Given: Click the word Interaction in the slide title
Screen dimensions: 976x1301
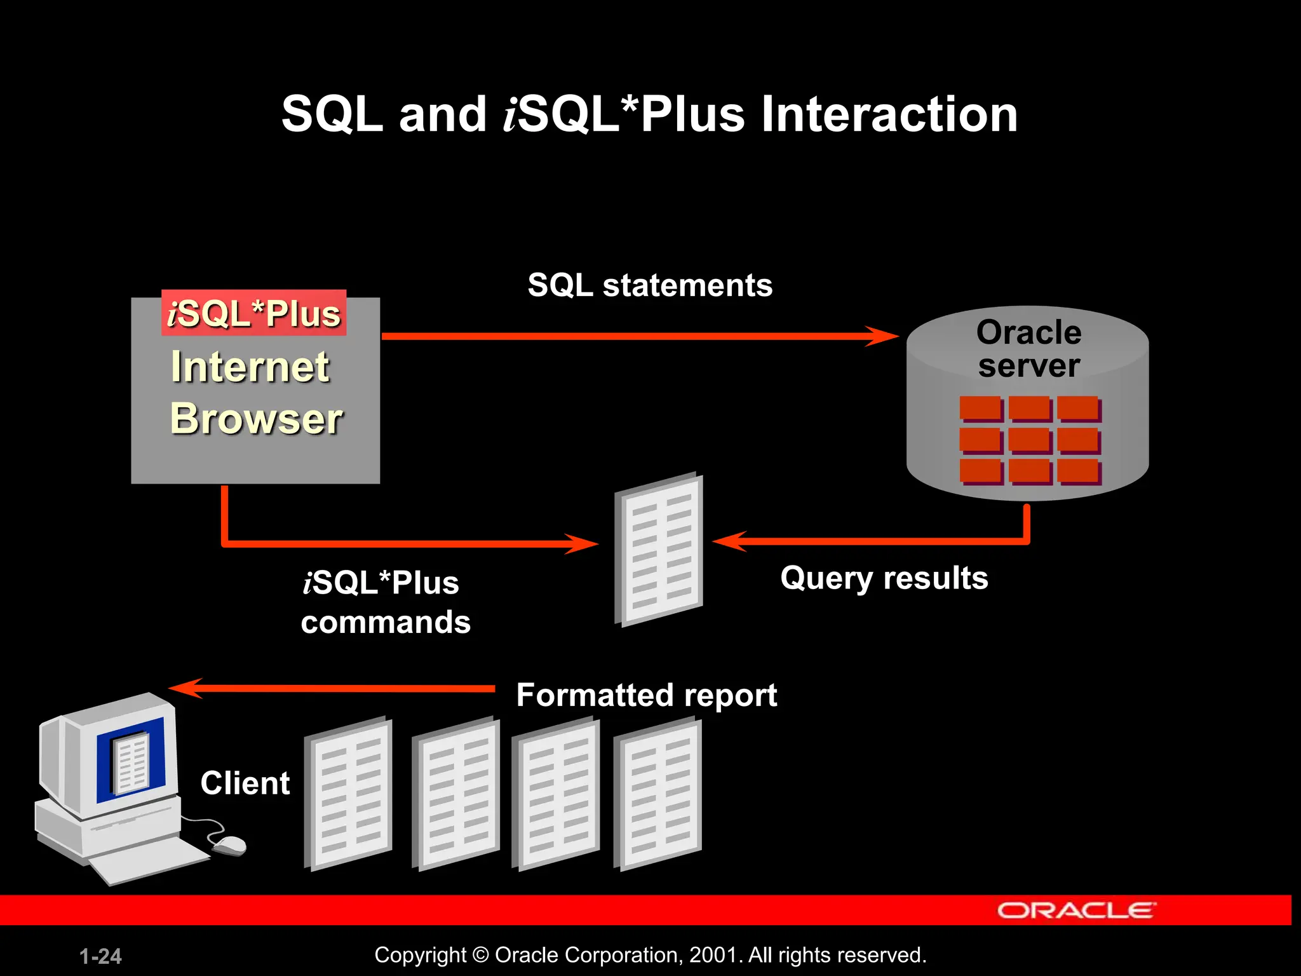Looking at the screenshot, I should pyautogui.click(x=889, y=114).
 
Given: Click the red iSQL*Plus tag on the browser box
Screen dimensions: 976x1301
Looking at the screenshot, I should pyautogui.click(x=254, y=313).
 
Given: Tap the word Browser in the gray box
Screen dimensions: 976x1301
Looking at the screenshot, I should pyautogui.click(x=256, y=419).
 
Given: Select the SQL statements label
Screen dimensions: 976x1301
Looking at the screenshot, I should pyautogui.click(x=650, y=285).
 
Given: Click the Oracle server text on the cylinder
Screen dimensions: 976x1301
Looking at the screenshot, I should pyautogui.click(x=1028, y=349).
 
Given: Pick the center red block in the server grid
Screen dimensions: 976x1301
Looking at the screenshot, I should pyautogui.click(x=1029, y=440).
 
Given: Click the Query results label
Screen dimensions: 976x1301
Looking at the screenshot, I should pyautogui.click(x=884, y=578).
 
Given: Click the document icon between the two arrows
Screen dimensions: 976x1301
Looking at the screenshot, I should pyautogui.click(x=659, y=550).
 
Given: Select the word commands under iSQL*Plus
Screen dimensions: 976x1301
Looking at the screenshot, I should pyautogui.click(x=386, y=622).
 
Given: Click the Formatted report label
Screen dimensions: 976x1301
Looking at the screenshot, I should pyautogui.click(x=646, y=695).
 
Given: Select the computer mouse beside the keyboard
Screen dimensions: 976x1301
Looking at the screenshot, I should pyautogui.click(x=229, y=844).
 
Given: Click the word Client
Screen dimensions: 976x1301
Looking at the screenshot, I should pyautogui.click(x=245, y=783).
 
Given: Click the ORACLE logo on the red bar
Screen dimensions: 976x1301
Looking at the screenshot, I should pyautogui.click(x=1076, y=911).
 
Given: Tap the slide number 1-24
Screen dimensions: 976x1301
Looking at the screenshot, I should pyautogui.click(x=100, y=956).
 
